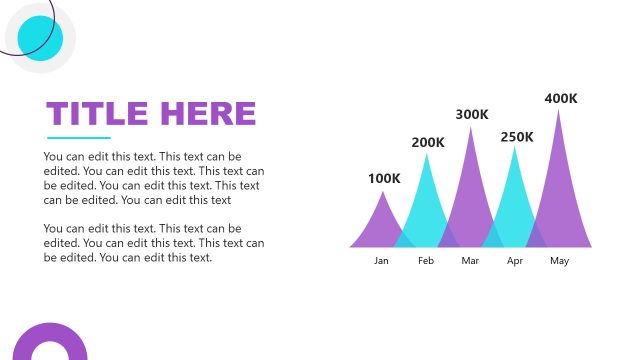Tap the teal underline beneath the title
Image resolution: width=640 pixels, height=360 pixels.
click(79, 138)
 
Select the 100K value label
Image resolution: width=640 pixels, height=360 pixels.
click(384, 179)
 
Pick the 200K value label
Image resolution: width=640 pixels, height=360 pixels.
click(428, 142)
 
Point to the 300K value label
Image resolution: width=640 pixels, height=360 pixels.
click(472, 115)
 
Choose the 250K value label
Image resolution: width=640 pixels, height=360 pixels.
click(517, 137)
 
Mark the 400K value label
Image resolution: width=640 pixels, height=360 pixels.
click(561, 98)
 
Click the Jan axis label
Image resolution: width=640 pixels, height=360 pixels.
click(381, 261)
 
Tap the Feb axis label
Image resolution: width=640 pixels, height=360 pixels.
click(426, 261)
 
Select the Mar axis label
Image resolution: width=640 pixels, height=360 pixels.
click(471, 261)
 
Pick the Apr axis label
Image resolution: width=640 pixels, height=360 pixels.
click(515, 261)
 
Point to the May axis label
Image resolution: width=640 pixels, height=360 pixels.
click(559, 261)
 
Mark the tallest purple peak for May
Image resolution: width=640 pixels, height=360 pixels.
click(559, 185)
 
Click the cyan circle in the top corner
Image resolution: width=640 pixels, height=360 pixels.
click(40, 38)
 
